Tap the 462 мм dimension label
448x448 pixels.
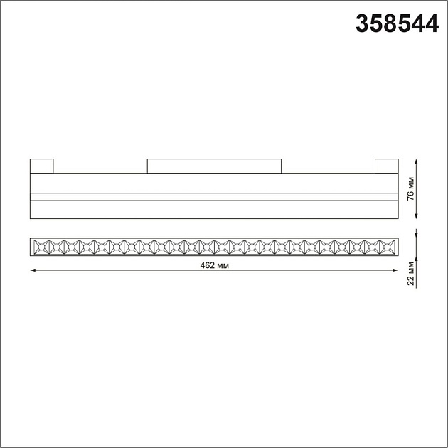[x=215, y=265]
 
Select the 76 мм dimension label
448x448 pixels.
[x=411, y=189]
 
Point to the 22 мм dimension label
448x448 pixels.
[x=411, y=272]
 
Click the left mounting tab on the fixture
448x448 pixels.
[x=42, y=166]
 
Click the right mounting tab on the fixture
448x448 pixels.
[x=386, y=166]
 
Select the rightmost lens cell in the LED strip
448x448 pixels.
[x=389, y=247]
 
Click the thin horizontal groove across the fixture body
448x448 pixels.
[x=214, y=196]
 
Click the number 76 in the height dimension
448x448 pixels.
[x=411, y=196]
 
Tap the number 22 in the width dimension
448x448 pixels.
[x=411, y=279]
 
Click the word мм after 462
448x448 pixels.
[x=223, y=265]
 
